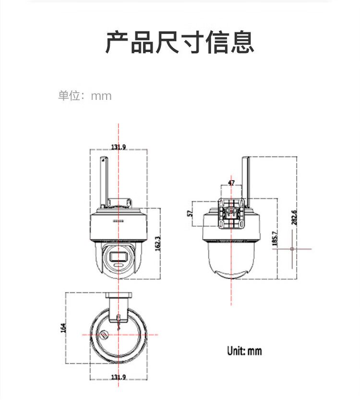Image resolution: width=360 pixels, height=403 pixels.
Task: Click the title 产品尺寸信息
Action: [180, 42]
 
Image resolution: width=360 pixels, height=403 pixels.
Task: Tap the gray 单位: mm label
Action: [85, 96]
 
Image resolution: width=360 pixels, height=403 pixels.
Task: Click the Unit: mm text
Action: [244, 351]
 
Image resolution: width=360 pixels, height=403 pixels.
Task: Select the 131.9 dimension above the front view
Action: [119, 147]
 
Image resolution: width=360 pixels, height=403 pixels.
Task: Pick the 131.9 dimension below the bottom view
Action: [119, 377]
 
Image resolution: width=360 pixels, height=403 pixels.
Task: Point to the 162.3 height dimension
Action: [158, 244]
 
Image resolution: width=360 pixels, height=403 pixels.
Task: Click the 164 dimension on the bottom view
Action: [63, 328]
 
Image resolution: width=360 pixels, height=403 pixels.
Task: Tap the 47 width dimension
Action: [231, 183]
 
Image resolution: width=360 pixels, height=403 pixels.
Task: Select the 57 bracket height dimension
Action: [190, 213]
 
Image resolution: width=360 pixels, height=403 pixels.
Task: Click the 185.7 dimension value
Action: [275, 238]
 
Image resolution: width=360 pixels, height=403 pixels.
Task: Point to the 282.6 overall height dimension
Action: [294, 218]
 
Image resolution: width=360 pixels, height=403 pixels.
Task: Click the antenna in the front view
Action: [104, 182]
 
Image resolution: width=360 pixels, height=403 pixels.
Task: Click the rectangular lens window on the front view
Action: [119, 256]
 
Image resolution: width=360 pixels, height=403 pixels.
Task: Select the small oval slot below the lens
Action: [119, 265]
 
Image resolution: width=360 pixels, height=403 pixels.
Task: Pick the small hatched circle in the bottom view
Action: [104, 335]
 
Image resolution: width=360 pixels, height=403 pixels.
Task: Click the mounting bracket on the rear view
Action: [231, 213]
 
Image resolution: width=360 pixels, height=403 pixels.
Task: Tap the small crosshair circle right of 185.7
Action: [292, 249]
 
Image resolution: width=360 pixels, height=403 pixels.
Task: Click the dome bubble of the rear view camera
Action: [231, 260]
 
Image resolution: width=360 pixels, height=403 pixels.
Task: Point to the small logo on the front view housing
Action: [119, 221]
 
